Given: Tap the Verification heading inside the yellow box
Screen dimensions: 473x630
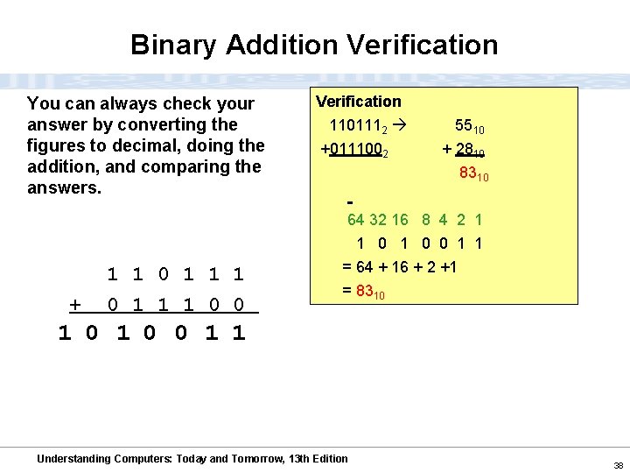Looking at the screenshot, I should [x=359, y=102].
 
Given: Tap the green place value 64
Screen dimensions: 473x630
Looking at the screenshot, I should [x=356, y=220].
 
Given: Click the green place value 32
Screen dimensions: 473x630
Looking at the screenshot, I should [x=378, y=220].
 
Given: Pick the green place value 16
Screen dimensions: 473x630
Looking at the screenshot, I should [x=400, y=220].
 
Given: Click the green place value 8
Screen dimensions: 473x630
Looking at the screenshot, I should [x=425, y=220].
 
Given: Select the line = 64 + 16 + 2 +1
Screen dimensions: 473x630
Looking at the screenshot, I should [x=398, y=266].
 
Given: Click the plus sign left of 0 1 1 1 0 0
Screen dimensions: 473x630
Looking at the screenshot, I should [x=75, y=305].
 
